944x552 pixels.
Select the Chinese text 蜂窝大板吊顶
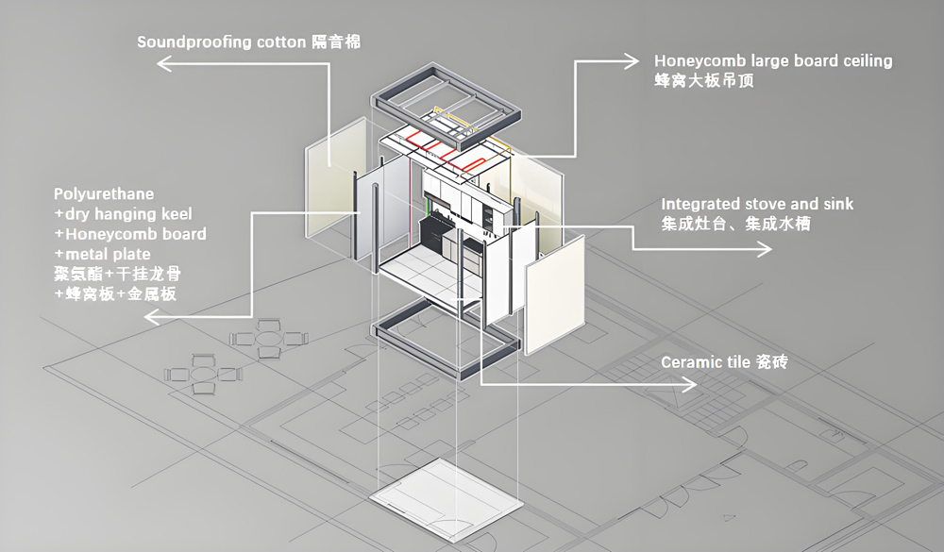(704, 80)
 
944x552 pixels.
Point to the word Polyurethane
(104, 193)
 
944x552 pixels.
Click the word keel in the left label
(176, 213)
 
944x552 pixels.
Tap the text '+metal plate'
(102, 254)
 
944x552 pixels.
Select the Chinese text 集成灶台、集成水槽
(735, 224)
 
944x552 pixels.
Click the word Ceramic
(691, 362)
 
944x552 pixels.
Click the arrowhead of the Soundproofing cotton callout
(163, 62)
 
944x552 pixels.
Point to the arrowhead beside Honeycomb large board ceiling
(632, 60)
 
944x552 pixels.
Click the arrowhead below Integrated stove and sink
(766, 248)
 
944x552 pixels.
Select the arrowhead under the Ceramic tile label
(690, 383)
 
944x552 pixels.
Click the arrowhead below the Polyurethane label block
(151, 317)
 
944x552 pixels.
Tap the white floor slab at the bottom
(446, 498)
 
